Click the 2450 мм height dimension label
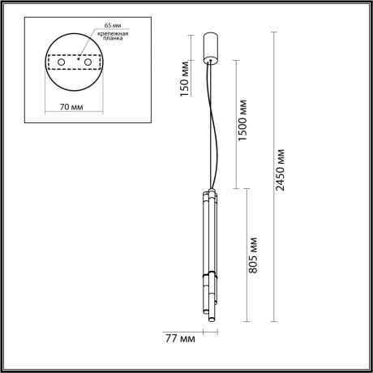click(x=280, y=169)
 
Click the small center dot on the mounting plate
click(x=78, y=59)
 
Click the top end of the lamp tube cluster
click(x=207, y=192)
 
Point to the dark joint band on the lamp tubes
click(x=208, y=277)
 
